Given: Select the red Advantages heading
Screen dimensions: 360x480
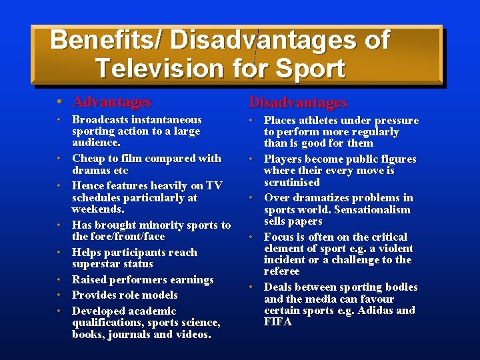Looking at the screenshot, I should click(x=111, y=102).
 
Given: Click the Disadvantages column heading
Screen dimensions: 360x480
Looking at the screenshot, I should click(x=298, y=103).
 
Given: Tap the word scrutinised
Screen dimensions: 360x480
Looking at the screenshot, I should click(x=292, y=182).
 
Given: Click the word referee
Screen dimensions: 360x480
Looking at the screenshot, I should click(x=282, y=271).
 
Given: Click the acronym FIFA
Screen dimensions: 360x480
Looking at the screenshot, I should click(x=278, y=321).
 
